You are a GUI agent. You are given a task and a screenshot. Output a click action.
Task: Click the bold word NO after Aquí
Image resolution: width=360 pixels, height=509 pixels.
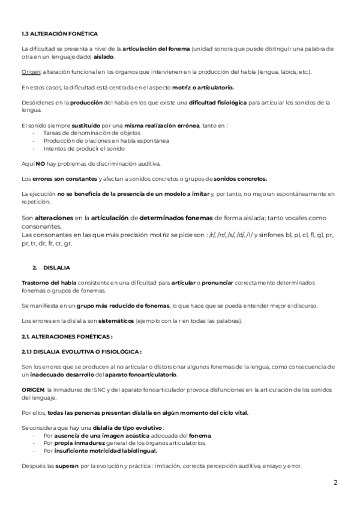[x=41, y=163]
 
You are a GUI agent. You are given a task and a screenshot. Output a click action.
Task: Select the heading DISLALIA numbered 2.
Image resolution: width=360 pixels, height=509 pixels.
[x=57, y=267]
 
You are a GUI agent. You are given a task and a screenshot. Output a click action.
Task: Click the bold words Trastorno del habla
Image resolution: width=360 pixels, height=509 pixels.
[x=46, y=282]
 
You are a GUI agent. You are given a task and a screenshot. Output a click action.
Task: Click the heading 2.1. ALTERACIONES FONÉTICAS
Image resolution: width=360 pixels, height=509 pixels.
[x=67, y=336]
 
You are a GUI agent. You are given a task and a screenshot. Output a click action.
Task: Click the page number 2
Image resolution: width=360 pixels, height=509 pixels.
[x=336, y=483]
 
